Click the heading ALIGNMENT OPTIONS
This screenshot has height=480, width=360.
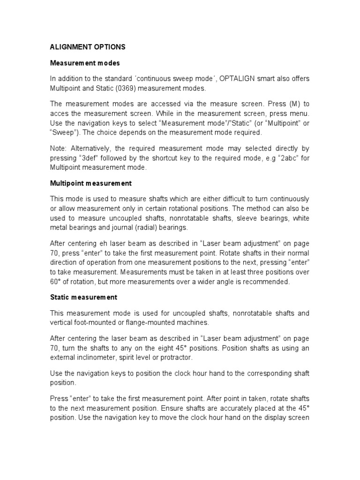[x=88, y=48]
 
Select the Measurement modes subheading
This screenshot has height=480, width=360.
[x=85, y=63]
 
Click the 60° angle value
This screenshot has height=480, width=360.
[x=57, y=282]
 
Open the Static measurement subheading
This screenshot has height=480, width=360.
[x=83, y=297]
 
